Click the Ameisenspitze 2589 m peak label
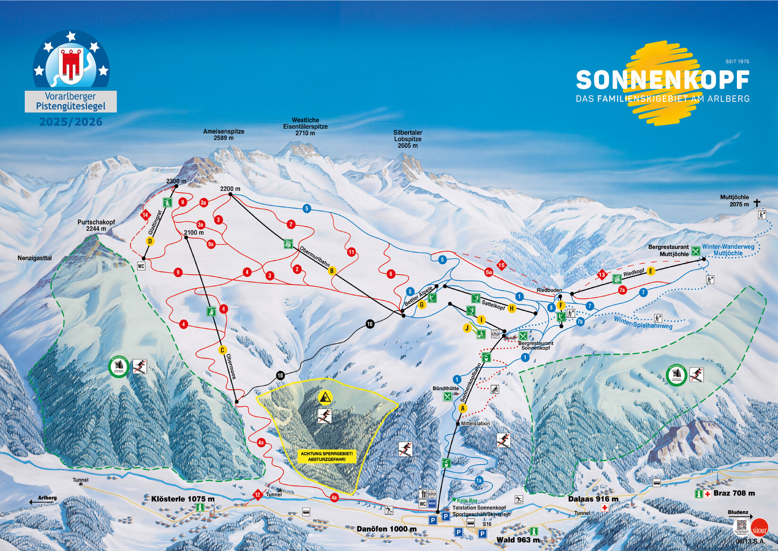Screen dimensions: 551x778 [224, 135]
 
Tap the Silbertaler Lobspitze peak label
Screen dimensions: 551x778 [407, 139]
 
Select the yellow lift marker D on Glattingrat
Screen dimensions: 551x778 [150, 241]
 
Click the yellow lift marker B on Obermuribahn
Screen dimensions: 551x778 [332, 271]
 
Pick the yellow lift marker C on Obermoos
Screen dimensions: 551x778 [222, 350]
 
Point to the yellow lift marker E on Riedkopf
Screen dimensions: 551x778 [651, 271]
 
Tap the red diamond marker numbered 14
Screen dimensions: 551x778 [145, 215]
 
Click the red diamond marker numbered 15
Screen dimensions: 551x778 [501, 265]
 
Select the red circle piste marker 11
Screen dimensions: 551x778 [351, 252]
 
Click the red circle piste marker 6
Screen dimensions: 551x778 [390, 274]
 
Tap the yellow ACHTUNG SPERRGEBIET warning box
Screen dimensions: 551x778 [327, 456]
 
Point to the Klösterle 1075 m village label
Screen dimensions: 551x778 [183, 499]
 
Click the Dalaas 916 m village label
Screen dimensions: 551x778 [593, 499]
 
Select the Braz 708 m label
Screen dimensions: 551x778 [734, 493]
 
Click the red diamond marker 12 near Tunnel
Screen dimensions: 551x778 [257, 495]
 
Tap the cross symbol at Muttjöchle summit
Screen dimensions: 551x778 [757, 203]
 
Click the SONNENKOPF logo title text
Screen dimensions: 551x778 [662, 80]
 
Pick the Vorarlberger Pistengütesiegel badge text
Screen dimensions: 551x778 [71, 101]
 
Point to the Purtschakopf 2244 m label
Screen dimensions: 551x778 [96, 225]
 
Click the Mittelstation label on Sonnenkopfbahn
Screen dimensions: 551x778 [475, 423]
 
